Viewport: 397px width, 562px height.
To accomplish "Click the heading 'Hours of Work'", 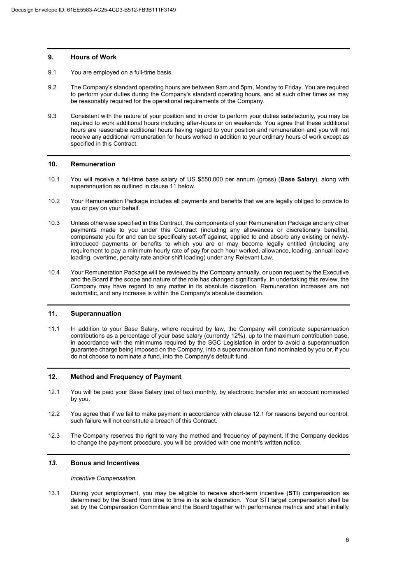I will (x=93, y=57).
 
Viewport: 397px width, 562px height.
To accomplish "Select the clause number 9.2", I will (x=52, y=87).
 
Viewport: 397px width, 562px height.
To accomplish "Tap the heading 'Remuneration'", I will (x=93, y=164).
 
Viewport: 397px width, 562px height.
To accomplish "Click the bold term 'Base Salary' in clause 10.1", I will (x=297, y=180).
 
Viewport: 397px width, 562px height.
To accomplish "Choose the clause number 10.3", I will (x=54, y=223).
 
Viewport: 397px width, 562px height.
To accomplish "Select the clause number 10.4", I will (x=54, y=273).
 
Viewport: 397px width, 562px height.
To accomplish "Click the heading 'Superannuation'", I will (x=96, y=314).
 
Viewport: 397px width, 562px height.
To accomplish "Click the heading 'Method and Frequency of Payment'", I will (x=126, y=377).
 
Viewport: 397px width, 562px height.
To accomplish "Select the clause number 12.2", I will (x=54, y=414).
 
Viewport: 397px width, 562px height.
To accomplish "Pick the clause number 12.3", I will (x=54, y=436).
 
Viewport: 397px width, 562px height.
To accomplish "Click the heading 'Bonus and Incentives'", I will (x=105, y=463).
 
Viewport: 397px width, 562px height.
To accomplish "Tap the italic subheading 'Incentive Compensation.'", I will (x=104, y=478).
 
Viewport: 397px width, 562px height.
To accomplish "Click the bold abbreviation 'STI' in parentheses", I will (x=293, y=493).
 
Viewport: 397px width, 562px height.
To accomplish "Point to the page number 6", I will (x=347, y=540).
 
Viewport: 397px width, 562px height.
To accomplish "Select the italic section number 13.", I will (x=53, y=463).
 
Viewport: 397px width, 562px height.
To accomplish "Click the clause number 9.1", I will (x=52, y=72).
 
